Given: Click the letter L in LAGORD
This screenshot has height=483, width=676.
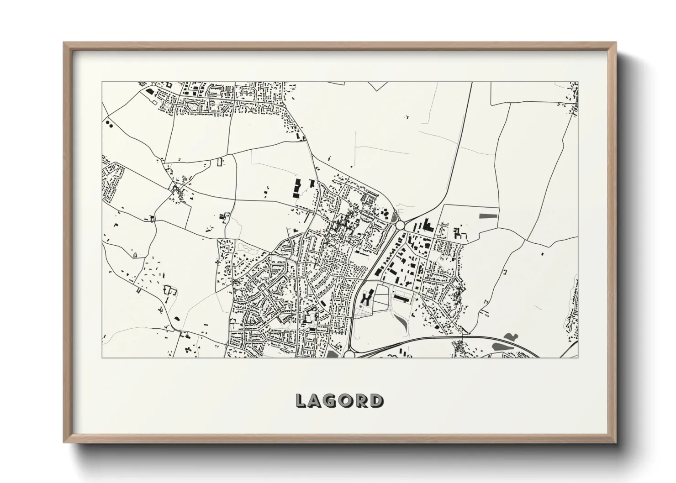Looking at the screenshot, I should (301, 400).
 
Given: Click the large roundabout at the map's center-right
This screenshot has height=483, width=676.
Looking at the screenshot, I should (400, 225).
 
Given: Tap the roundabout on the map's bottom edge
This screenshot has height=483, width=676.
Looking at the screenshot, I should (349, 354).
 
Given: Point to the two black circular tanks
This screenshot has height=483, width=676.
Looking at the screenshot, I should (109, 123).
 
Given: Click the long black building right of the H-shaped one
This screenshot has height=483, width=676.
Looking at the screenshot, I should (401, 297).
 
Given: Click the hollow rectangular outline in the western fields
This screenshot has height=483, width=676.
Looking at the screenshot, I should (220, 162).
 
